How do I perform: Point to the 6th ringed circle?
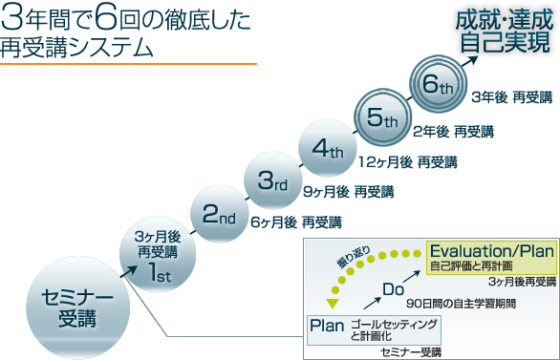(438, 85)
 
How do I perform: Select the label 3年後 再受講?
(512, 97)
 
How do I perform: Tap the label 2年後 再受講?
(453, 131)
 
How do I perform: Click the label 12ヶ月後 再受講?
(407, 161)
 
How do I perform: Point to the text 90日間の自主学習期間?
(461, 304)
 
